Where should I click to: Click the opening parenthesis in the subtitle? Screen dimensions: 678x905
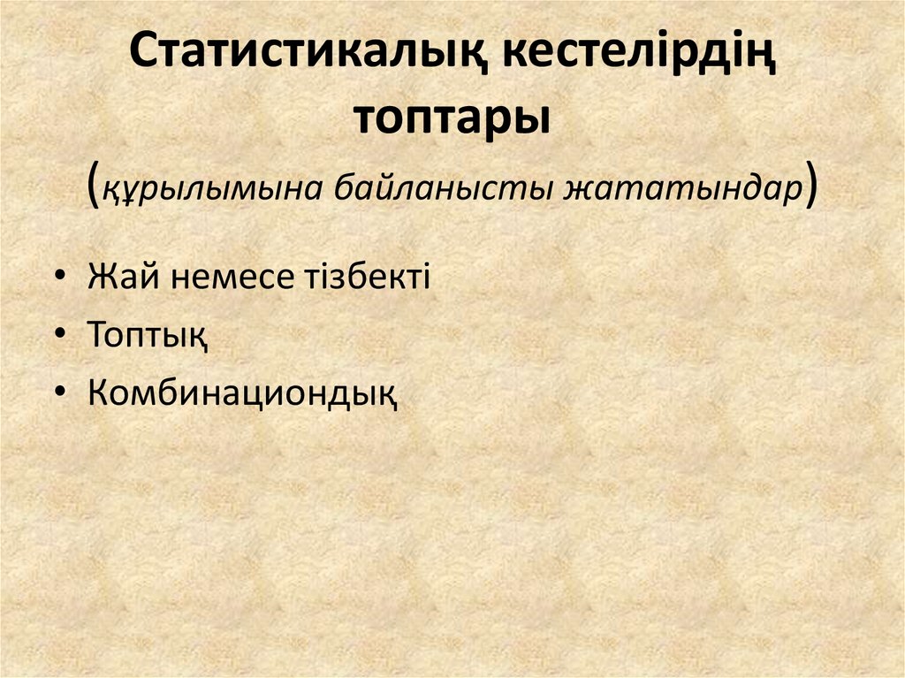coord(94,187)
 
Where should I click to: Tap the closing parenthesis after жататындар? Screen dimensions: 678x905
coord(810,187)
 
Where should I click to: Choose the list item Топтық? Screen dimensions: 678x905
coord(148,335)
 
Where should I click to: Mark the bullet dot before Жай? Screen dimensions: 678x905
coord(58,278)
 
